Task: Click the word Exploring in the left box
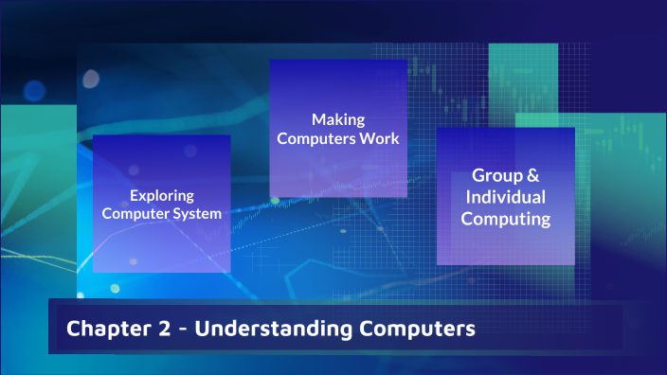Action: click(x=162, y=196)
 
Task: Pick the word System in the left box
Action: click(x=200, y=214)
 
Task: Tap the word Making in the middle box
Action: click(x=338, y=119)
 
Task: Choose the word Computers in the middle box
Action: click(x=317, y=138)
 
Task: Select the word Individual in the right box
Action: click(x=506, y=197)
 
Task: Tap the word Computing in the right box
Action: click(x=506, y=219)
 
